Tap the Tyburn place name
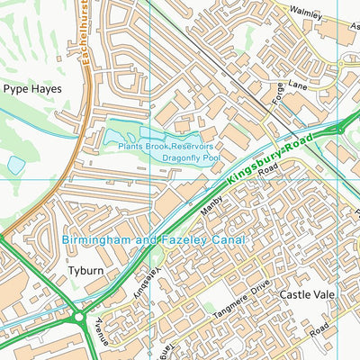pos(86,270)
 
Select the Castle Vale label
pos(308,294)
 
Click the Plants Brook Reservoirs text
pos(165,146)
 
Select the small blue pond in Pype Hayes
pos(16,166)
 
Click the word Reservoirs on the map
pos(190,146)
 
